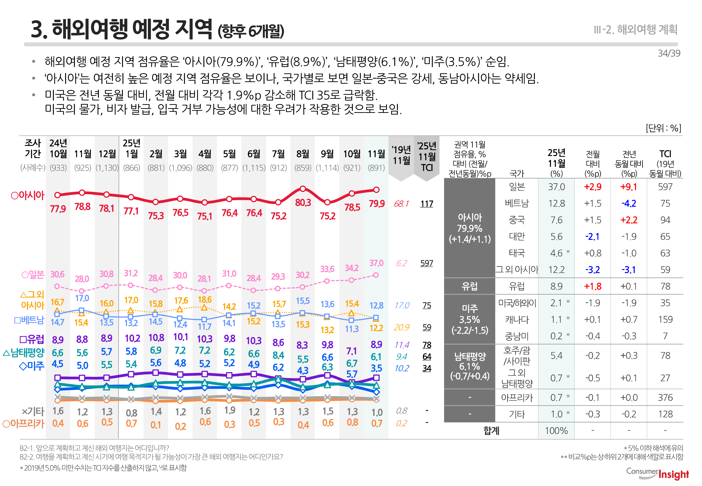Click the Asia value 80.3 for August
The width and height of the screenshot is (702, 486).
point(303,203)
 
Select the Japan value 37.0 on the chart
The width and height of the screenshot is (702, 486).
point(376,263)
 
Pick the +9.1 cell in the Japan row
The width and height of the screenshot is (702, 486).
point(628,187)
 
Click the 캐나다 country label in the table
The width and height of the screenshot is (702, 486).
point(517,320)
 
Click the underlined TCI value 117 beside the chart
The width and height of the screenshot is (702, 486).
point(426,204)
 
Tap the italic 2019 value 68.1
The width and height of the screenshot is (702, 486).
point(401,204)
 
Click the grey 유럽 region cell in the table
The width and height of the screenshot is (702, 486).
point(469,286)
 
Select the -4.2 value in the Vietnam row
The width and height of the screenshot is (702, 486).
point(628,203)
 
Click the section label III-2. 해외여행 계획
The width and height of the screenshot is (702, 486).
point(635,30)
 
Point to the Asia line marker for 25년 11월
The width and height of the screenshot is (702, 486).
point(376,190)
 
